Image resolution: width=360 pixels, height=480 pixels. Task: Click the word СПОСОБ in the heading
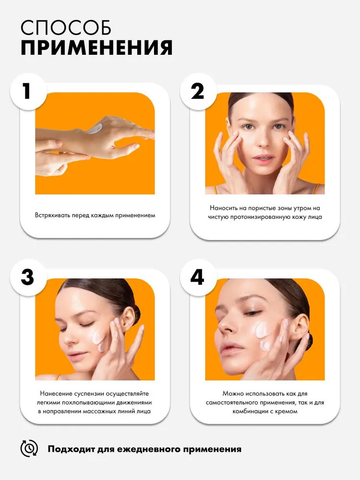66,28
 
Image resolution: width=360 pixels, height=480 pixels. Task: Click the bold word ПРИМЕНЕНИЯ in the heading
97,48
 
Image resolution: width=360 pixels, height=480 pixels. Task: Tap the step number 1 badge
28,91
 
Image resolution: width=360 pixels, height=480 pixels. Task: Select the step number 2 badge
198,91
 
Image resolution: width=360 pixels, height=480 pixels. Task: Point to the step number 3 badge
28,277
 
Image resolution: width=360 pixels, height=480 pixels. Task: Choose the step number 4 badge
198,277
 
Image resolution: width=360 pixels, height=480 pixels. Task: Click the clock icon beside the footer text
29,449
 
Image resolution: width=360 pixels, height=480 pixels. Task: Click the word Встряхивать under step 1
52,215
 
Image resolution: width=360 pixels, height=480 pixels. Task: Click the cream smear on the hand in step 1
95,129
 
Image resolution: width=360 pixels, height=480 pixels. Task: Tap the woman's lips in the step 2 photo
263,159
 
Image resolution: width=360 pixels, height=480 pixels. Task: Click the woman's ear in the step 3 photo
128,318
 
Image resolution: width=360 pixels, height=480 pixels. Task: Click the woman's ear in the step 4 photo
300,327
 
